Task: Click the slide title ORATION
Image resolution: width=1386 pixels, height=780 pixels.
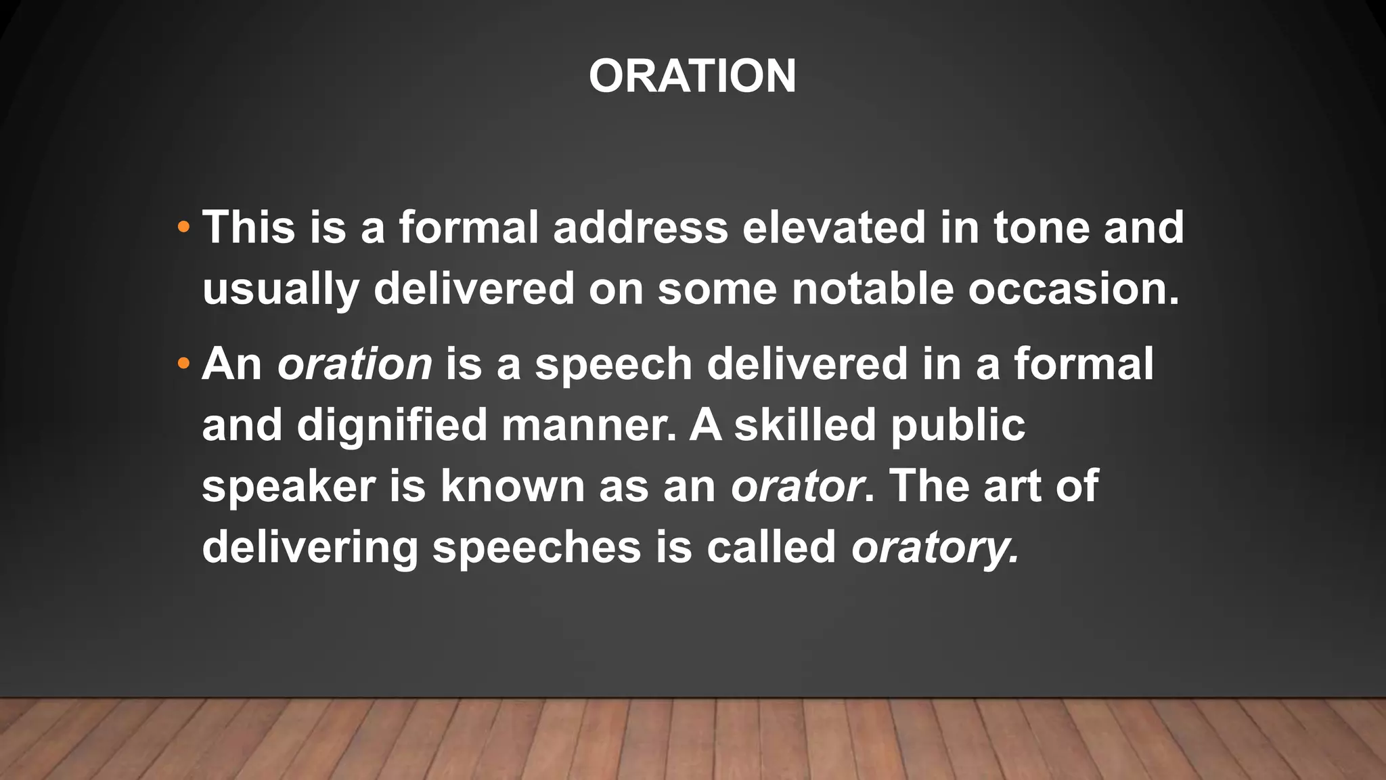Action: (692, 76)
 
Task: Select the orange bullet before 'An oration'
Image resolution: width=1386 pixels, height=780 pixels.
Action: (183, 364)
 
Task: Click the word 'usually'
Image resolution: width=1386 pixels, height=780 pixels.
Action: (280, 289)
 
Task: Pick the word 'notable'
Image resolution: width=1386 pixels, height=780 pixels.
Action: (872, 289)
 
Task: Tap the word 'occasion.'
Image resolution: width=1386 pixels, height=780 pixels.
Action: (1073, 289)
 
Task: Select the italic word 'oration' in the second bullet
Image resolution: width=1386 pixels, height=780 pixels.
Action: (355, 364)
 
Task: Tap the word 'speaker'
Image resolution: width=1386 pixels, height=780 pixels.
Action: (288, 487)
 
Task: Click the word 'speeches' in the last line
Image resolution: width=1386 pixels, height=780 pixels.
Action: (537, 548)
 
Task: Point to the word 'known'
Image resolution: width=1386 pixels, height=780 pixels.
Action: (512, 487)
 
